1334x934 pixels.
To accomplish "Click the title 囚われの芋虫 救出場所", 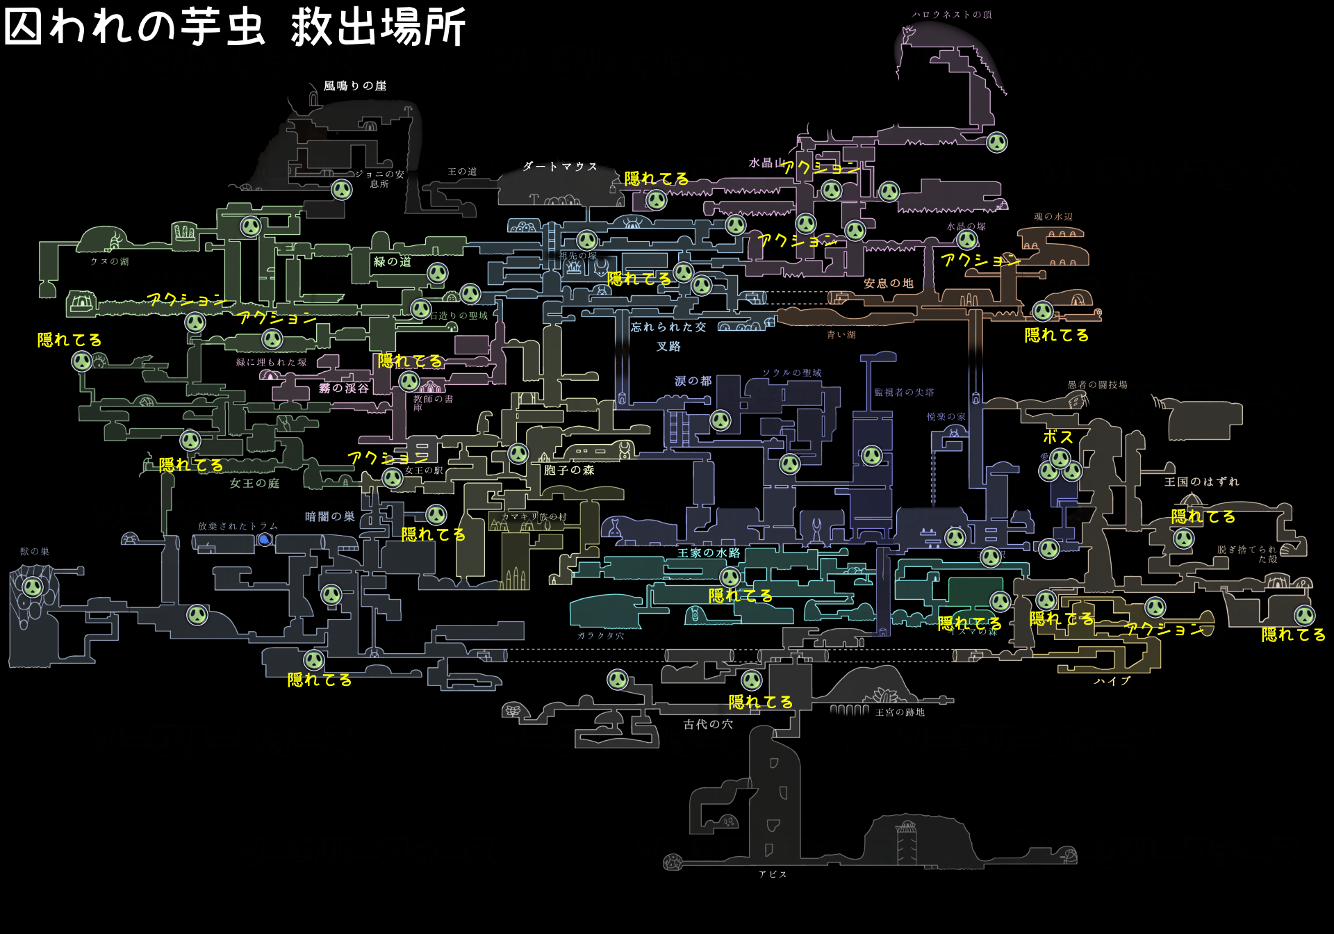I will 235,28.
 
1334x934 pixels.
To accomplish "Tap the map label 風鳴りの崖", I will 355,86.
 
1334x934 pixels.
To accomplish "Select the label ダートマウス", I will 560,167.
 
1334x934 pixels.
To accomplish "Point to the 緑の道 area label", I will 393,262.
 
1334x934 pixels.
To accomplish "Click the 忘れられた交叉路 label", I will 668,336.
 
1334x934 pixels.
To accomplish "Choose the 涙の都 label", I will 693,381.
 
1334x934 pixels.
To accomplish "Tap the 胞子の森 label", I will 569,470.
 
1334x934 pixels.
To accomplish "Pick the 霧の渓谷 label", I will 344,388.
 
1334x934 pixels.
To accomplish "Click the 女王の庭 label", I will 254,484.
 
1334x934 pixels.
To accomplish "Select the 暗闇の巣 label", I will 330,517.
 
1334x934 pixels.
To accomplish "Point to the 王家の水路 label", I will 709,553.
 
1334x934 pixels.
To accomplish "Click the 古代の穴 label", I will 708,725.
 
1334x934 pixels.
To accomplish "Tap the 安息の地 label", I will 888,284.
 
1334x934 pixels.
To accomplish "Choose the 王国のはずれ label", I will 1202,482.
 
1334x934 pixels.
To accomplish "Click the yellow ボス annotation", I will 1058,437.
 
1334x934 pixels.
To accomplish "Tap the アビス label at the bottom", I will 773,874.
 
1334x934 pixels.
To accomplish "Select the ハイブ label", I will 1112,681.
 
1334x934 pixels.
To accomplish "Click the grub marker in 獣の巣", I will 32,587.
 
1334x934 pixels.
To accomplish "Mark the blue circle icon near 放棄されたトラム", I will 265,539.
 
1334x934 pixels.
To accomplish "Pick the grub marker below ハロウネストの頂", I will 997,142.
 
